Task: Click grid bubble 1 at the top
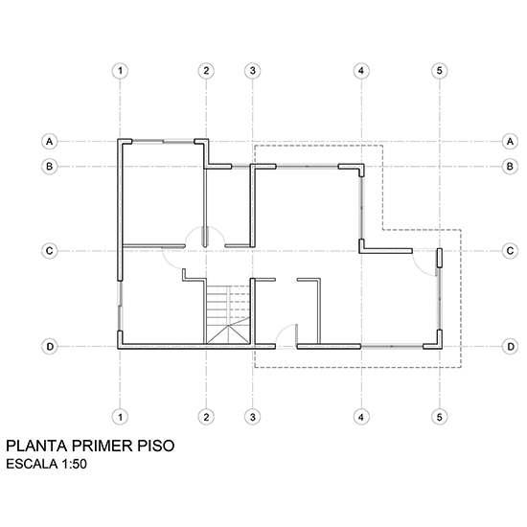[120, 71]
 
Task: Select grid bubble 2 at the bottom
[206, 417]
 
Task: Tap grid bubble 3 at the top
[252, 71]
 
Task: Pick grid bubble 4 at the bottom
[361, 417]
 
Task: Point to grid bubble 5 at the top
[439, 71]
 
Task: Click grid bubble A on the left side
[50, 141]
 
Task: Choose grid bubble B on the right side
[510, 167]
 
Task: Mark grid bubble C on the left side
[50, 251]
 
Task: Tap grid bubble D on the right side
[510, 347]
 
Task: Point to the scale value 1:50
[75, 464]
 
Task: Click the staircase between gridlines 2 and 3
[228, 314]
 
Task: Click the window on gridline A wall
[163, 142]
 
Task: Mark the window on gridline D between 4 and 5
[392, 347]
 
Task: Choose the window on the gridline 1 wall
[120, 306]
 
